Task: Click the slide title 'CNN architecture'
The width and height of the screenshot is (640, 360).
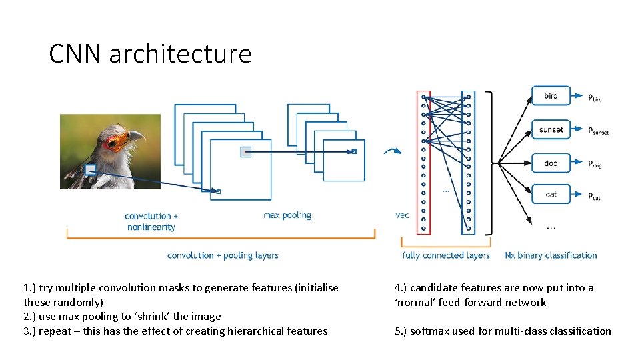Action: coord(150,53)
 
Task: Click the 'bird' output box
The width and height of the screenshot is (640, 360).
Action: coord(551,96)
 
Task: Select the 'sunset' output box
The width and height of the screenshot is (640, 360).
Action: coord(551,129)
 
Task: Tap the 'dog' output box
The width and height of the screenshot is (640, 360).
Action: coord(551,163)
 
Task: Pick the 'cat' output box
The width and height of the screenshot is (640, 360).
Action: coord(551,195)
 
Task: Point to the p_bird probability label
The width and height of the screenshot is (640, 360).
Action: coord(595,97)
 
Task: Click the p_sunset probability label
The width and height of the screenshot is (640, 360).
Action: coord(597,131)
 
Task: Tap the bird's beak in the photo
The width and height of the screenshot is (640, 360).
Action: coord(136,136)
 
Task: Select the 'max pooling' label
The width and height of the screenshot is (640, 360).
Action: coord(287,215)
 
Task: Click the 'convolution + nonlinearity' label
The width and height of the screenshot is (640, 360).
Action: coord(151,221)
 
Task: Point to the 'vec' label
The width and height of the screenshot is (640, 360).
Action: coord(402,215)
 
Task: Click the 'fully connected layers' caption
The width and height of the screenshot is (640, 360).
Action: coord(446,255)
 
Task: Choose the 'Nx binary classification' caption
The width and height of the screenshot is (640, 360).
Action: coord(551,255)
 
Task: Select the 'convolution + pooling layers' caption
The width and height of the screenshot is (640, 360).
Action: coord(223,255)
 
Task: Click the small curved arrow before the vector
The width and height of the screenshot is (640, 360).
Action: coord(392,151)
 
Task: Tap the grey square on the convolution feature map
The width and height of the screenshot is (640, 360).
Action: coord(245,152)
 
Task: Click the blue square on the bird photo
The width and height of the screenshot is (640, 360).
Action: coord(90,171)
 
